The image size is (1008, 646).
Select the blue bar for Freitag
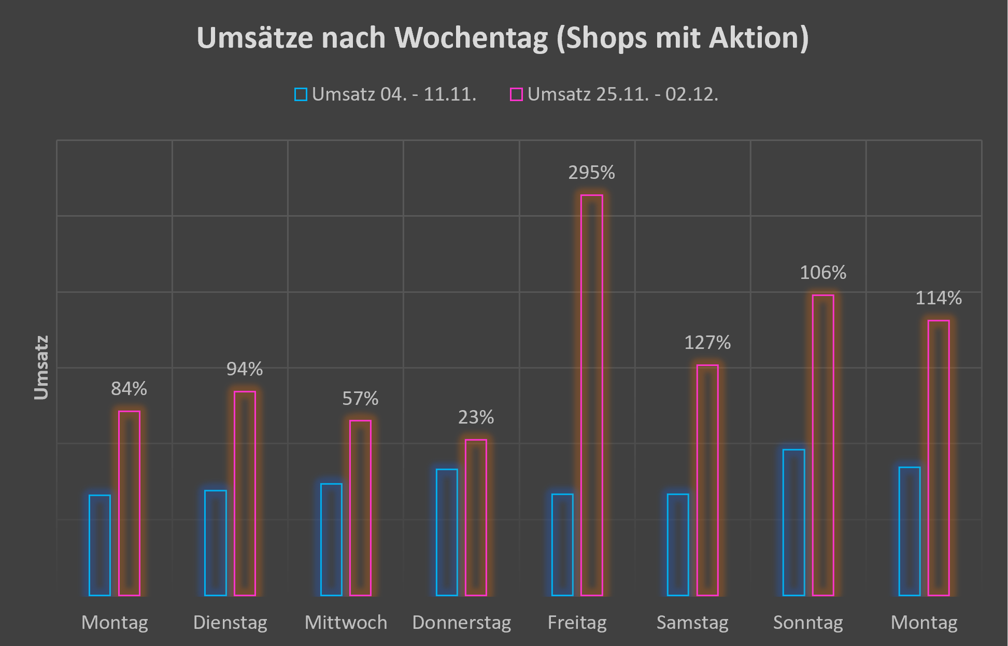[562, 544]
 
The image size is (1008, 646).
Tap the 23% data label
[476, 417]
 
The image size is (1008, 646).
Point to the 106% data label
[822, 273]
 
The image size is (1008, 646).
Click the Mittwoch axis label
[346, 622]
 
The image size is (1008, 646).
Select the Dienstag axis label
[230, 622]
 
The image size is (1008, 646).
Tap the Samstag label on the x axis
[692, 622]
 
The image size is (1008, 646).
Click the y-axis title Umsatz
[41, 368]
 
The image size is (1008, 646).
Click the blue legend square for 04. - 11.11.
[301, 94]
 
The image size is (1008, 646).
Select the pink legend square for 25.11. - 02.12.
[516, 94]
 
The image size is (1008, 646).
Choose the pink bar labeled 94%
[245, 493]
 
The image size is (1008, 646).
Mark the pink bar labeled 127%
[707, 480]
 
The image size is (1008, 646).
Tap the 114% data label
[938, 298]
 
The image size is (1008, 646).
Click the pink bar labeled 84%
[129, 503]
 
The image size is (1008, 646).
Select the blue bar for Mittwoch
[331, 539]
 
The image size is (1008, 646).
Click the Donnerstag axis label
[461, 622]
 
